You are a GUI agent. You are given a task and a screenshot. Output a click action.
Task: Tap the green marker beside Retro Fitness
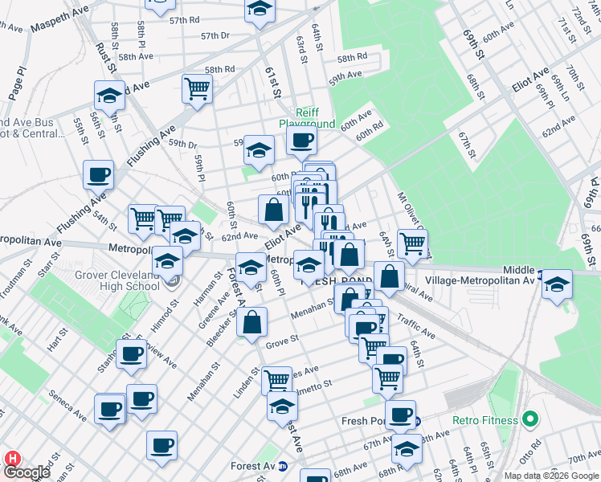click(x=529, y=419)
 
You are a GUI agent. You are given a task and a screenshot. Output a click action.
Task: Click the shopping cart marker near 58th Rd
click(x=197, y=88)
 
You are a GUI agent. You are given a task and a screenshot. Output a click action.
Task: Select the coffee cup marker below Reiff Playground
click(x=301, y=141)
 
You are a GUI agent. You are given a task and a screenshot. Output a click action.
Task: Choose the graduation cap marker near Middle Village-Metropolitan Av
click(x=556, y=285)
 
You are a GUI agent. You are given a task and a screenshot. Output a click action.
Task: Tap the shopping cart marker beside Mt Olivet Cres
click(x=412, y=244)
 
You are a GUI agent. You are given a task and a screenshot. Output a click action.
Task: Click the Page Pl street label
click(x=17, y=84)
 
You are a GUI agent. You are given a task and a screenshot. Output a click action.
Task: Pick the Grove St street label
click(x=282, y=341)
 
